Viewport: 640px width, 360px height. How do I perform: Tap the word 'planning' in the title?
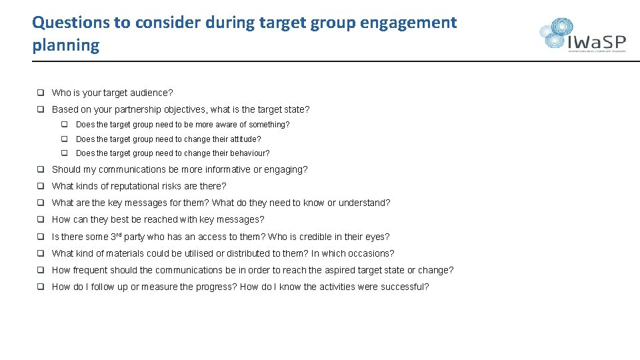pyautogui.click(x=65, y=45)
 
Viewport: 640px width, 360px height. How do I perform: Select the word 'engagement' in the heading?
pyautogui.click(x=408, y=22)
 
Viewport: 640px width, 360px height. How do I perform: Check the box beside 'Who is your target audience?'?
pyautogui.click(x=41, y=93)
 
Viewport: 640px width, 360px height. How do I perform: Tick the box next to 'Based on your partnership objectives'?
pyautogui.click(x=41, y=109)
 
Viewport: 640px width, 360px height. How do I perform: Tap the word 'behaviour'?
pyautogui.click(x=247, y=153)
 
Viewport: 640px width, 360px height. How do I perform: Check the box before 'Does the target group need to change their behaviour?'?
pyautogui.click(x=65, y=153)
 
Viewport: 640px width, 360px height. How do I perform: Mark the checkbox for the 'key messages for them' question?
pyautogui.click(x=41, y=203)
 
